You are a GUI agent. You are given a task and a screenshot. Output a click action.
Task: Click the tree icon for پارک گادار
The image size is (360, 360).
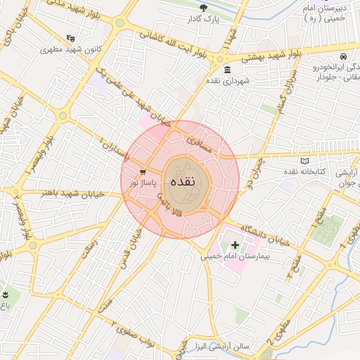(204, 8)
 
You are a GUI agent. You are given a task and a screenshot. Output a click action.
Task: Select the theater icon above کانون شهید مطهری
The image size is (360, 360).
(70, 38)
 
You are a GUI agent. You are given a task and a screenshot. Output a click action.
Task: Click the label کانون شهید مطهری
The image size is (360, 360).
(69, 50)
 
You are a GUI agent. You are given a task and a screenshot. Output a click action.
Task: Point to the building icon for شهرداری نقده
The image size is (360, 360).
(228, 70)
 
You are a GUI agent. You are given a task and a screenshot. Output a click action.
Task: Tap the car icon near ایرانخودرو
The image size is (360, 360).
(342, 56)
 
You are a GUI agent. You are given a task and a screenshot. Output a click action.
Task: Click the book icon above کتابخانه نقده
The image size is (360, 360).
(304, 161)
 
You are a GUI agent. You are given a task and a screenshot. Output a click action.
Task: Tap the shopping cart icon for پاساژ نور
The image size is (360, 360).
(143, 172)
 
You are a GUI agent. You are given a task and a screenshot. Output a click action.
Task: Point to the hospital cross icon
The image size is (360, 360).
(234, 245)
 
